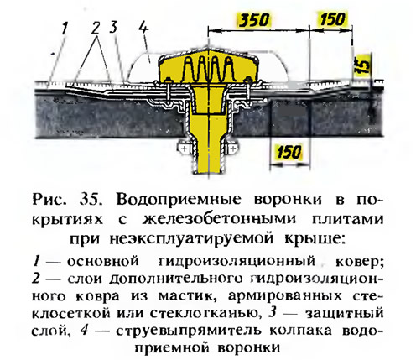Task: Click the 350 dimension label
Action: [253, 20]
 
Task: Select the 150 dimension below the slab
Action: [289, 152]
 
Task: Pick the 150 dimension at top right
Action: [332, 19]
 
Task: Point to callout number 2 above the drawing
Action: [96, 28]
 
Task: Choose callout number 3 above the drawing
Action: [113, 27]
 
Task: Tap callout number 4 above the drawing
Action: [144, 27]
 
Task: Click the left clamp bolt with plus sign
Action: [185, 148]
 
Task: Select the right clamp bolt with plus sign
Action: [232, 148]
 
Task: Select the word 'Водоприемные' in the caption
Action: [179, 201]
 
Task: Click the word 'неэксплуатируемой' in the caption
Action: [187, 239]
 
